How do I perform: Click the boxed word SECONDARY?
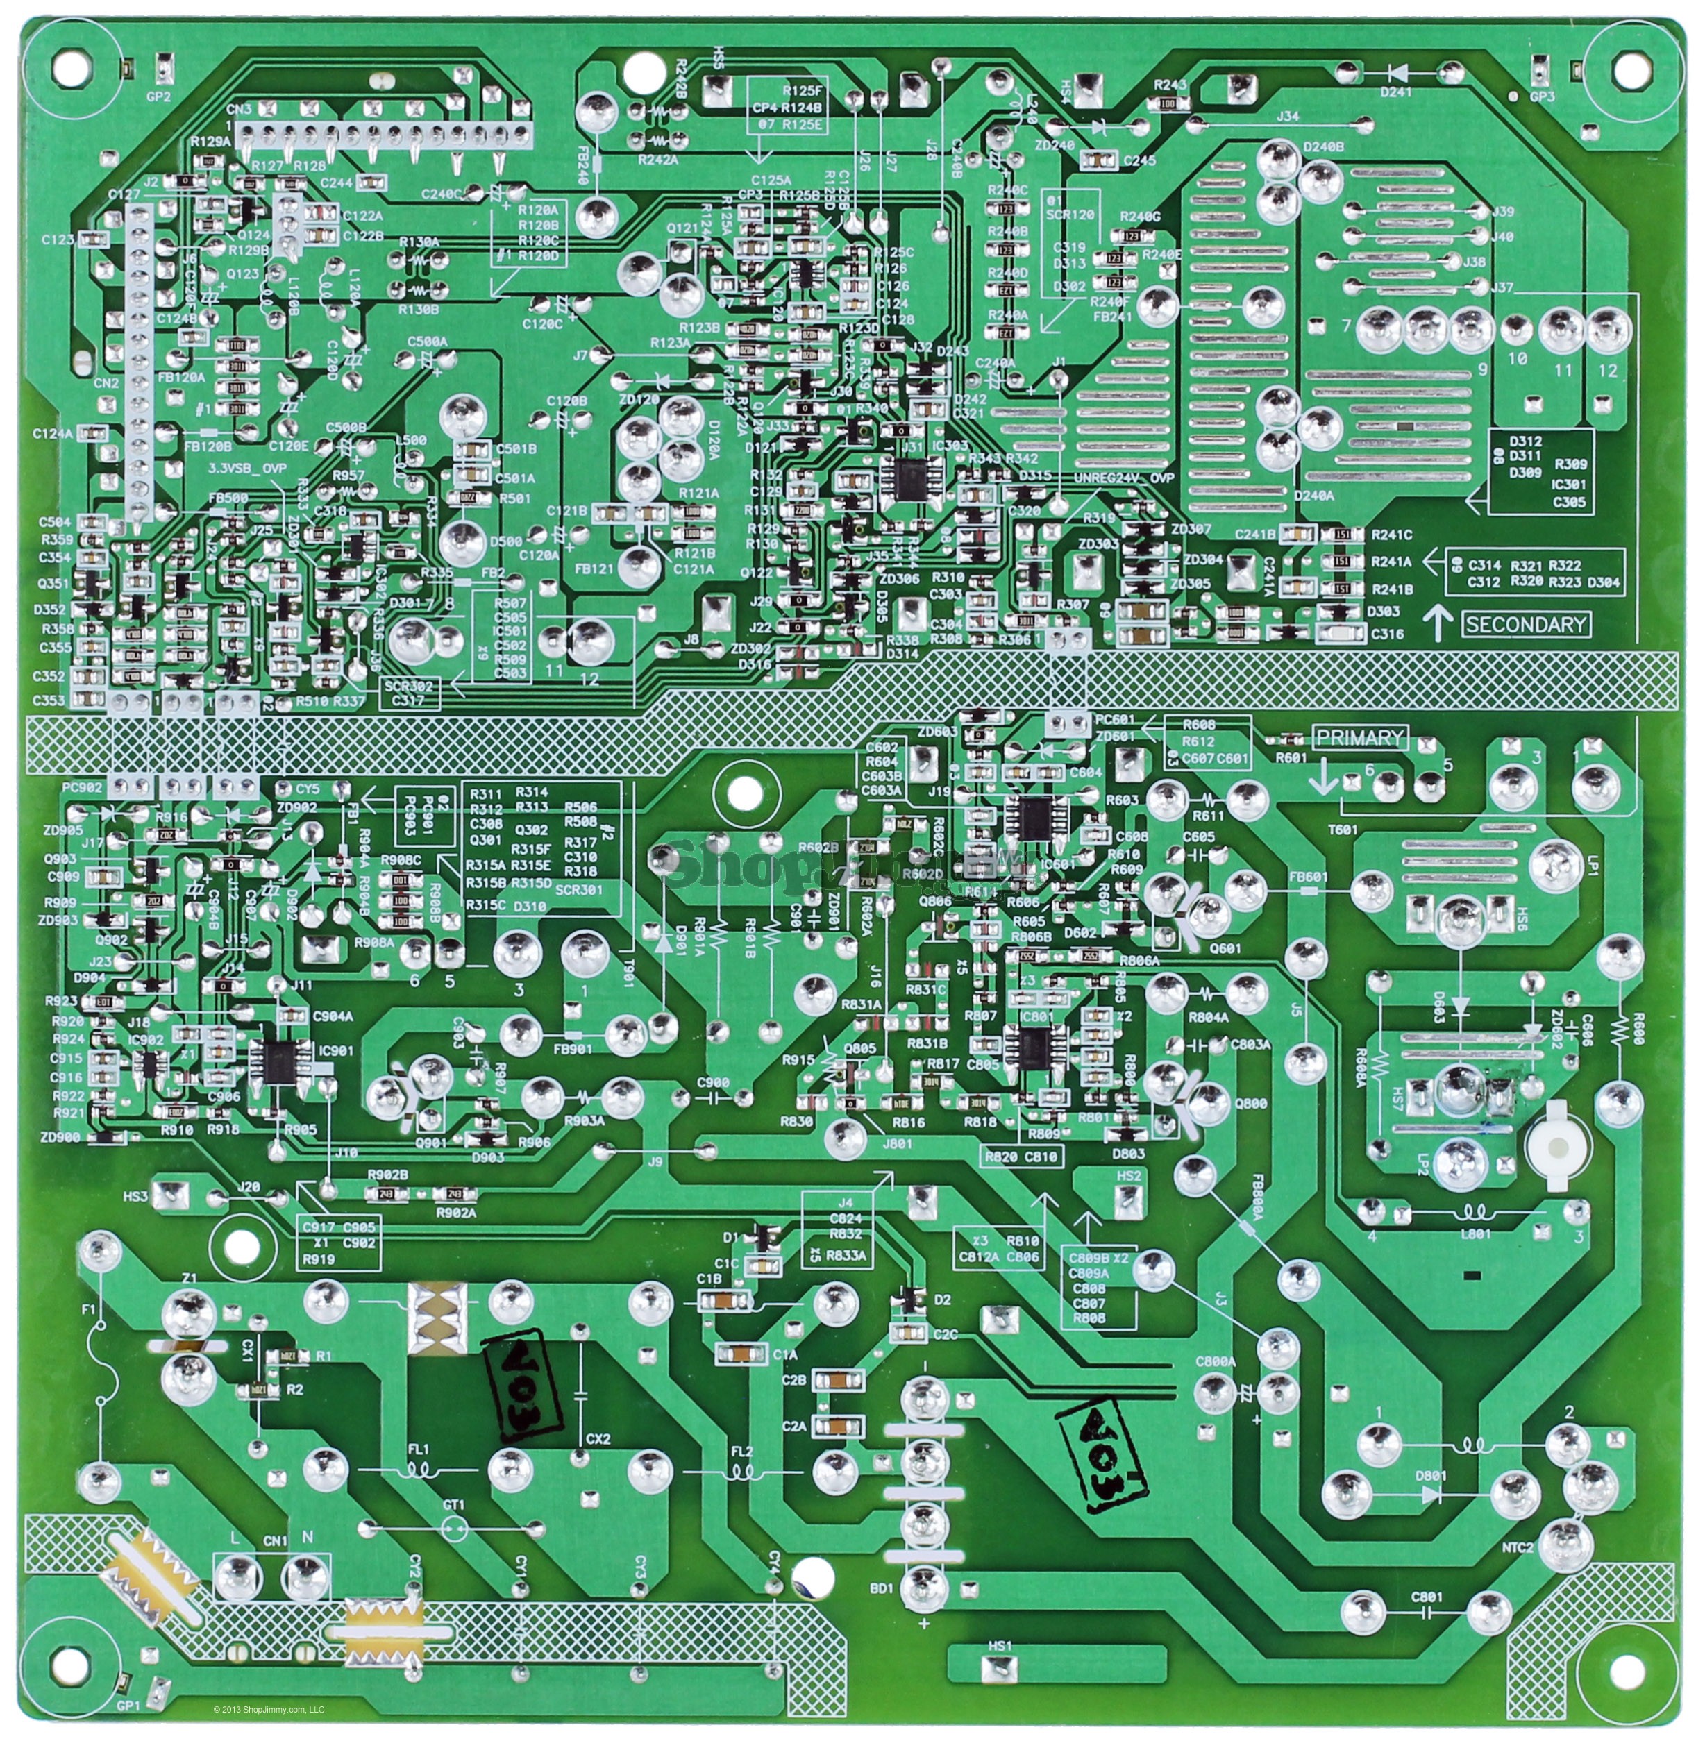(1526, 624)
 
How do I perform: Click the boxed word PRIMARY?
(1359, 737)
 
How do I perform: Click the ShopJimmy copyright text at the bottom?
(269, 1710)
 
